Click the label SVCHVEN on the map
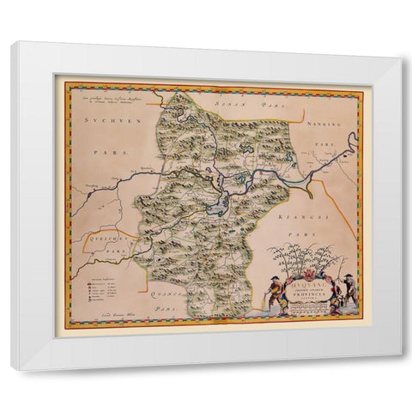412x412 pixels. (x=103, y=124)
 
